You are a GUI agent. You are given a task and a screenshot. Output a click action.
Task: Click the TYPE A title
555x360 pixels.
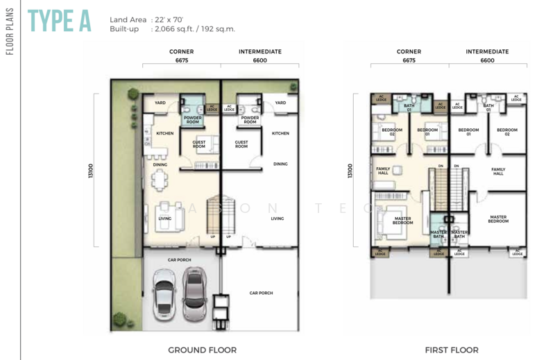(x=60, y=22)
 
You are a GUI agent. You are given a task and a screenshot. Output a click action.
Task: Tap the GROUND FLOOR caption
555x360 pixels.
(x=202, y=350)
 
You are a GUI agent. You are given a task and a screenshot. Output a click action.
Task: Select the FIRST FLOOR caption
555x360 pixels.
(x=452, y=350)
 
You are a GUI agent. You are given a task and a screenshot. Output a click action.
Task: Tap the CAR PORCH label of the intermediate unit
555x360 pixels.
(x=261, y=293)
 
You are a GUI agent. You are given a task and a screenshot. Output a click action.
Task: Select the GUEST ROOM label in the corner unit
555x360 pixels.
(x=198, y=144)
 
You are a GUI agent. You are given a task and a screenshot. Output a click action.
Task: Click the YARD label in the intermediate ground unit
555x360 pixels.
(x=280, y=103)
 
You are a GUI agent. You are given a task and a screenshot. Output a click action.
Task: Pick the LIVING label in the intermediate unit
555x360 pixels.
(x=277, y=218)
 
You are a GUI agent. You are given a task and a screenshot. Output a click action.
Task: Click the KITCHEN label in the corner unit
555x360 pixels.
(x=164, y=133)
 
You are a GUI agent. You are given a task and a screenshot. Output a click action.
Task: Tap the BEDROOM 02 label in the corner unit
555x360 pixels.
(x=386, y=132)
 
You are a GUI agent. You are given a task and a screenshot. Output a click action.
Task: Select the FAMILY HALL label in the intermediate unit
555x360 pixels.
(x=498, y=171)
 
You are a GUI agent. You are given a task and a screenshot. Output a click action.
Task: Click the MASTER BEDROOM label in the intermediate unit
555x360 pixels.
(x=498, y=218)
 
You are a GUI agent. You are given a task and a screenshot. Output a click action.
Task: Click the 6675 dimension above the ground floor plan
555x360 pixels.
(x=182, y=60)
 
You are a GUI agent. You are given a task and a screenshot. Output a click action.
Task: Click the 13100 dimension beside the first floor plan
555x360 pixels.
(x=351, y=171)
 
